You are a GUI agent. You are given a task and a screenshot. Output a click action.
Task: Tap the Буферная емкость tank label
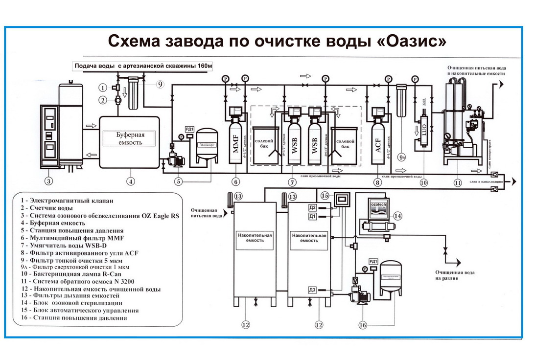pyautogui.click(x=129, y=138)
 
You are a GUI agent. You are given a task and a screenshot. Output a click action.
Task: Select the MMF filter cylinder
pyautogui.click(x=235, y=143)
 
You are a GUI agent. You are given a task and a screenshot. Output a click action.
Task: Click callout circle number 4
pyautogui.click(x=130, y=181)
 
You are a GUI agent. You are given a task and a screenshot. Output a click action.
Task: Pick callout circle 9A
pyautogui.click(x=401, y=157)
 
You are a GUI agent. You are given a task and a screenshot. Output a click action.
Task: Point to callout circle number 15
pyautogui.click(x=324, y=195)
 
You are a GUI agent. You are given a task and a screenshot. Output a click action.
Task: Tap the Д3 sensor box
pyautogui.click(x=312, y=290)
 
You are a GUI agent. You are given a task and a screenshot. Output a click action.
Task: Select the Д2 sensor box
pyautogui.click(x=312, y=207)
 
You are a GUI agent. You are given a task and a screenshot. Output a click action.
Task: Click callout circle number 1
pyautogui.click(x=102, y=88)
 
